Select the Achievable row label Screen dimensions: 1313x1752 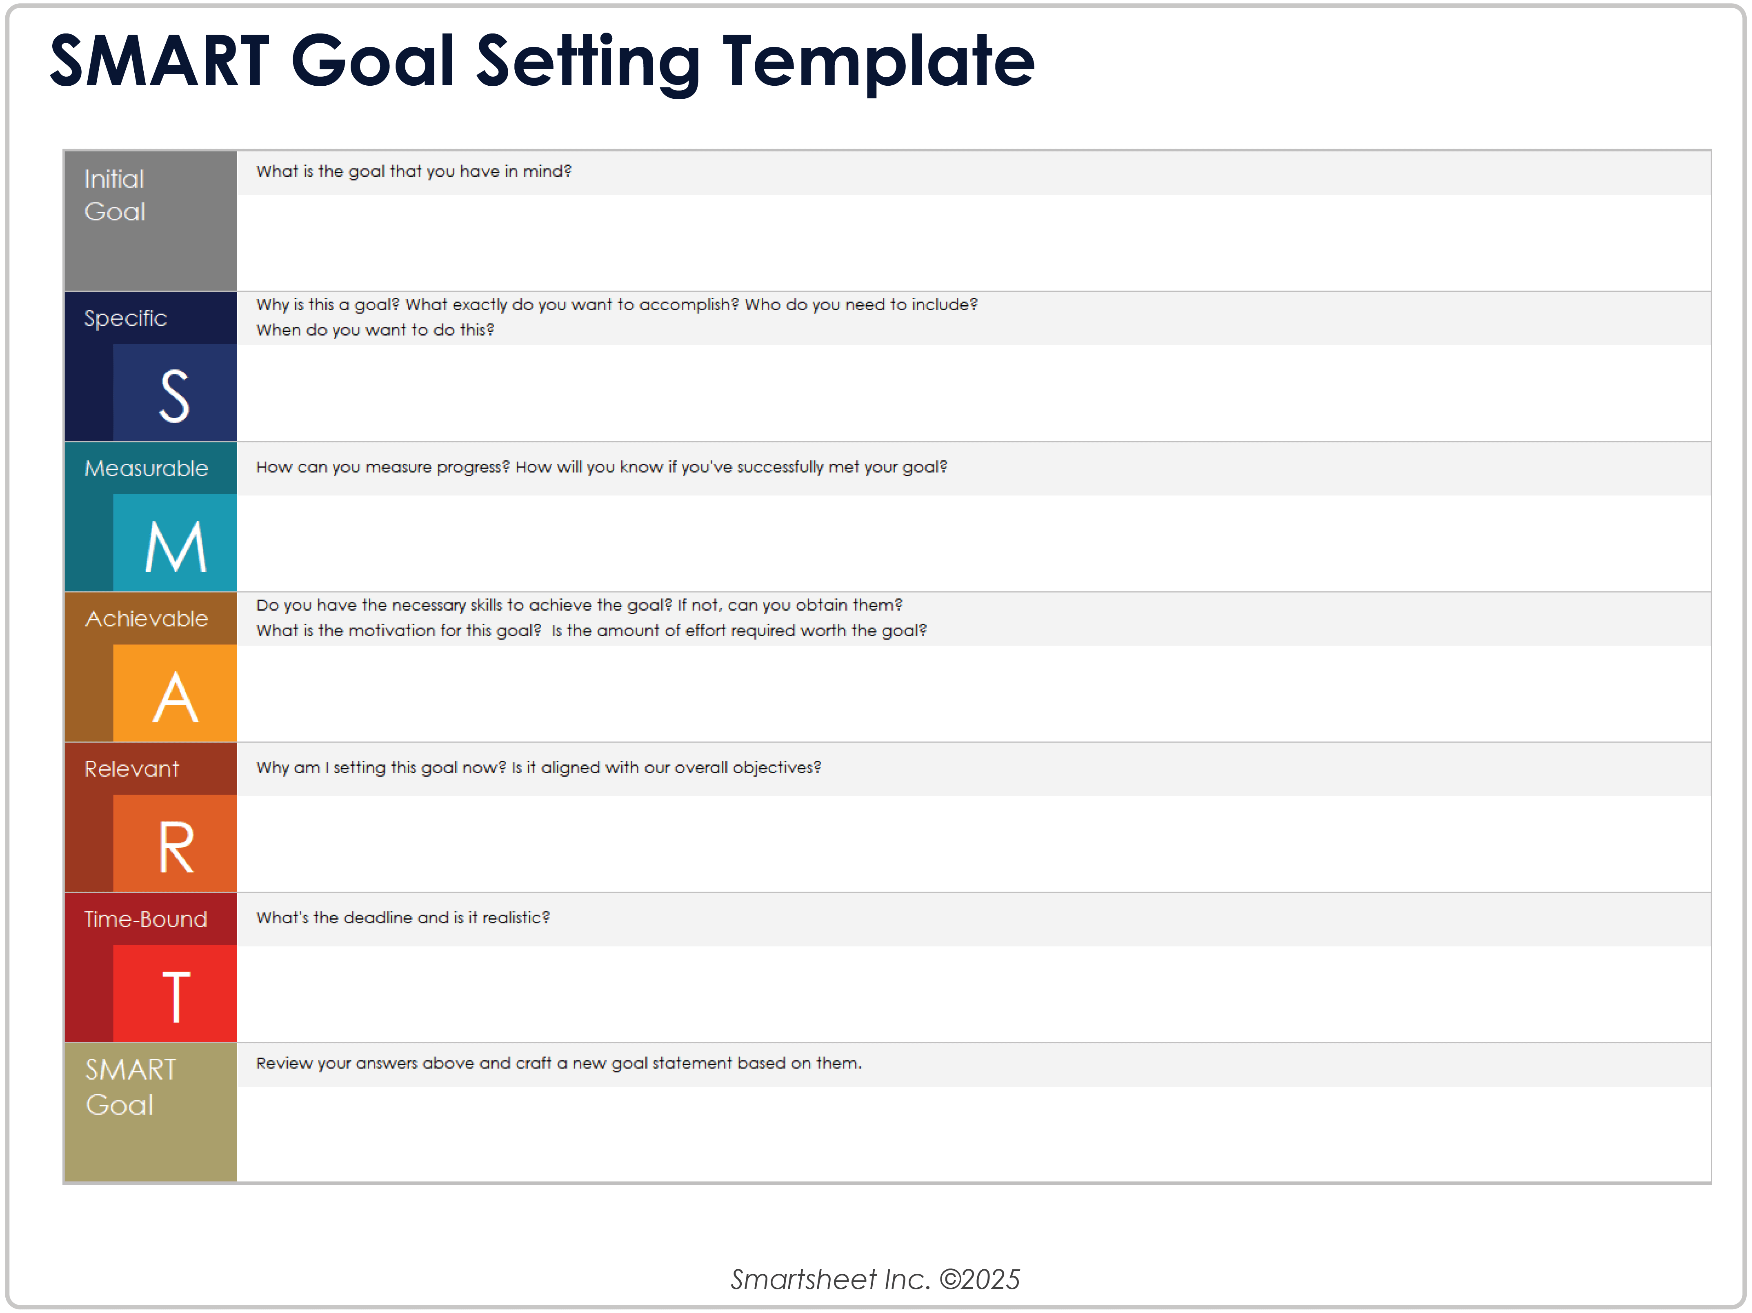click(147, 618)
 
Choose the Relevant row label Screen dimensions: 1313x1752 click(131, 769)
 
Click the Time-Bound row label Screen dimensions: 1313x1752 click(146, 920)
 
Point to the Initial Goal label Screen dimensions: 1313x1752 click(115, 195)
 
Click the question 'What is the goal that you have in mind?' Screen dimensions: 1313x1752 click(414, 171)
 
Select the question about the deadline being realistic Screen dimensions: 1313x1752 click(402, 917)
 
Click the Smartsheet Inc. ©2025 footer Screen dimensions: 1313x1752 click(875, 1279)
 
